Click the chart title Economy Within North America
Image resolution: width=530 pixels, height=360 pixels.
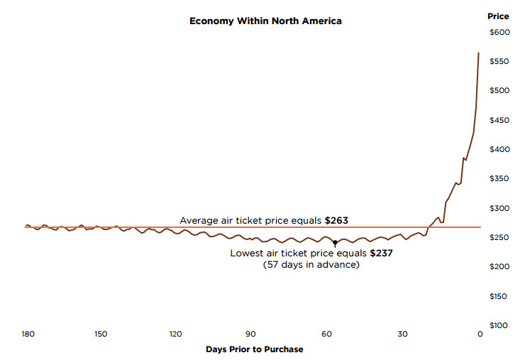tap(265, 21)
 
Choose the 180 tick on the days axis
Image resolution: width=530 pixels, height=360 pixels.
tap(28, 334)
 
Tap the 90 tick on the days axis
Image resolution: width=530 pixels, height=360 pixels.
tap(250, 334)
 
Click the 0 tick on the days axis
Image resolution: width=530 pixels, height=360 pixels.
tap(480, 334)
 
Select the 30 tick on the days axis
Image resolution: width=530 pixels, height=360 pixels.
tap(402, 334)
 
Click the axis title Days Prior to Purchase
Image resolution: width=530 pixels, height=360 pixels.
tap(254, 349)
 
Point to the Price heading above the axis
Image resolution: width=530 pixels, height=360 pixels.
tap(498, 16)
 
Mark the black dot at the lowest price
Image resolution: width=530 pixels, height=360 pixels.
tap(335, 243)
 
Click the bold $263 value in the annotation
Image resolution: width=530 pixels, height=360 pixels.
tap(336, 220)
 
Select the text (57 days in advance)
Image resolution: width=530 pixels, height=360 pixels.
tap(311, 265)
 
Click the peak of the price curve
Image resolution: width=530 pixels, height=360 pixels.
tap(478, 53)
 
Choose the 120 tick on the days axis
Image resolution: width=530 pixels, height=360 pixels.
tap(175, 334)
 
